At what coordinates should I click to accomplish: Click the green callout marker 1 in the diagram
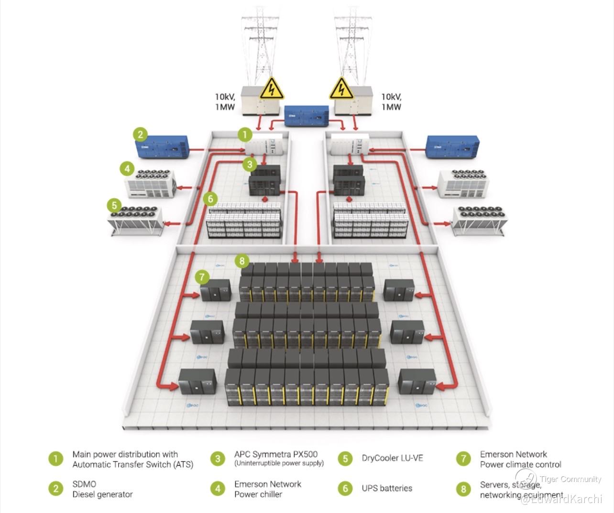click(x=245, y=135)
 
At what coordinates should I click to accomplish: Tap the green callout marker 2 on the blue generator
click(x=140, y=134)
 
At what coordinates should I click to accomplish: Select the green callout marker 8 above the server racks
click(x=242, y=260)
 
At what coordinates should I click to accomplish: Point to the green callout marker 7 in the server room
click(x=202, y=277)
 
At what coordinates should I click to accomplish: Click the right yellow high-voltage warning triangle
click(x=341, y=88)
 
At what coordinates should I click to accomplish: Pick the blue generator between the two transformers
click(x=306, y=116)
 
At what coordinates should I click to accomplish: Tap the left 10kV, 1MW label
click(x=225, y=102)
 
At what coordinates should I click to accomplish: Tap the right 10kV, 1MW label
click(x=391, y=102)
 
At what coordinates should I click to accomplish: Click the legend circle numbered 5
click(x=345, y=459)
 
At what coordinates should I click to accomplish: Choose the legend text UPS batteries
click(x=387, y=488)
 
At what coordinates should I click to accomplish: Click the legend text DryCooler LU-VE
click(x=392, y=458)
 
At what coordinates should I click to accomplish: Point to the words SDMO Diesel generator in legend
click(x=102, y=489)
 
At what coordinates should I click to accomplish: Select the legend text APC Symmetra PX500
click(x=276, y=454)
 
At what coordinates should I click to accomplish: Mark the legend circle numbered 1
click(x=56, y=459)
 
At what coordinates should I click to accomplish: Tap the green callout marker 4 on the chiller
click(x=127, y=169)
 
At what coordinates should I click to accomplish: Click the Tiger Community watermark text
click(x=570, y=479)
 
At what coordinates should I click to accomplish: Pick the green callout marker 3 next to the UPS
click(x=250, y=165)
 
